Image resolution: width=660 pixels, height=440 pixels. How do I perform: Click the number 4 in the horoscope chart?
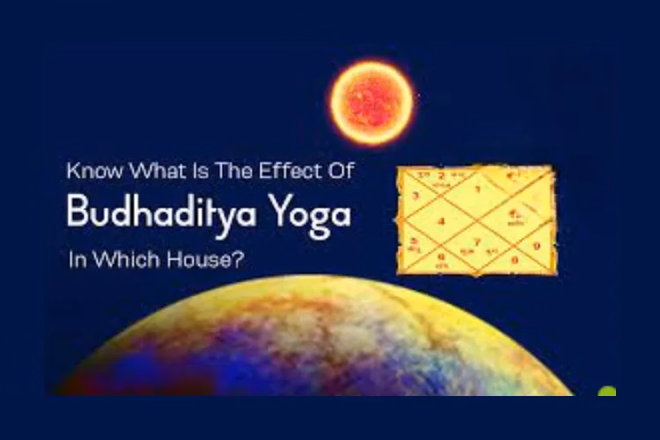coord(443,220)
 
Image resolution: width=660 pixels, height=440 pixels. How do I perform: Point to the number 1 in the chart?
coord(478,187)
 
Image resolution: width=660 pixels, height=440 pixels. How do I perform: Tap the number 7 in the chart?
coord(478,240)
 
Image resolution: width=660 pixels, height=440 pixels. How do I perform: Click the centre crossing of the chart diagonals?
coord(476,218)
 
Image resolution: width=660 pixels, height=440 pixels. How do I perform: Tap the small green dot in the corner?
coord(606,392)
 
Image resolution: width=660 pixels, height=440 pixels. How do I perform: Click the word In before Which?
coord(77,261)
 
